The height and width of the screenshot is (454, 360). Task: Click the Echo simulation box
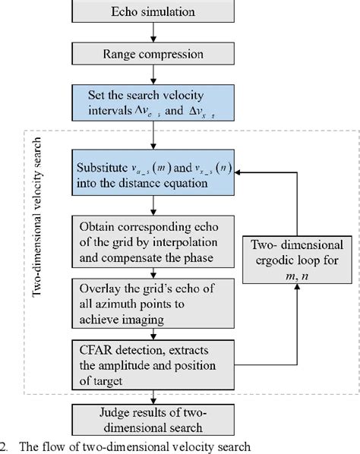click(153, 13)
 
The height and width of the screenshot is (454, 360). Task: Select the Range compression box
click(153, 54)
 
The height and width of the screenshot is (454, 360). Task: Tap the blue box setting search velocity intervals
click(153, 106)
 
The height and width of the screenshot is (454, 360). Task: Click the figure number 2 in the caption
click(5, 446)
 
